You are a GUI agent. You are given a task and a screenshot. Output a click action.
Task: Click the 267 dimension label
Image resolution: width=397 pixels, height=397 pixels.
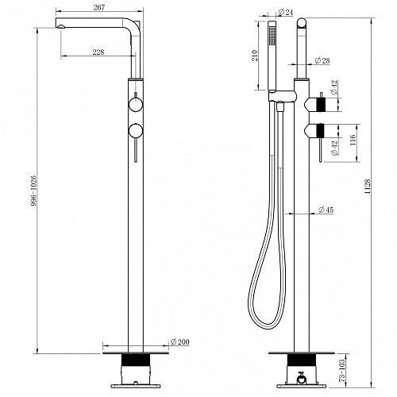99,7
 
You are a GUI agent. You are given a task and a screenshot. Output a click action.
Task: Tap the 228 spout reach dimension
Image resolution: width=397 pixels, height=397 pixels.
98,52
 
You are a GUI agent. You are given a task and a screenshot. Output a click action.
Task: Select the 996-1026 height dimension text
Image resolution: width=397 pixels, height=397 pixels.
33,191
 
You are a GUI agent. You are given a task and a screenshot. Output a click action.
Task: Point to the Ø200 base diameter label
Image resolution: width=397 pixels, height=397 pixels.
180,341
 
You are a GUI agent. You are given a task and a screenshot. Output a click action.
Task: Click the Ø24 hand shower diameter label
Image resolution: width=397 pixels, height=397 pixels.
286,12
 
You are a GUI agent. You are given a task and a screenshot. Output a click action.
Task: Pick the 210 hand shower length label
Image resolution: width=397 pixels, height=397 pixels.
255,56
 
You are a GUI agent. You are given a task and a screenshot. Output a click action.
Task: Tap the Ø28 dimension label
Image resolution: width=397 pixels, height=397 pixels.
322,60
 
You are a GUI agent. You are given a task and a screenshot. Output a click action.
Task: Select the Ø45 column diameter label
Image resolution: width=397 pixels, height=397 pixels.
326,210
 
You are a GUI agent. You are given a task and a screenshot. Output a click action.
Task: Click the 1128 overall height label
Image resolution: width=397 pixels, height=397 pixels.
368,187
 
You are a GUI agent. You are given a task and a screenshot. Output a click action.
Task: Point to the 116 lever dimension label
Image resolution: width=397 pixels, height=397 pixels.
353,141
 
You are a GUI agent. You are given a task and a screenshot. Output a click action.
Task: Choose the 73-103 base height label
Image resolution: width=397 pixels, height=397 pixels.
342,370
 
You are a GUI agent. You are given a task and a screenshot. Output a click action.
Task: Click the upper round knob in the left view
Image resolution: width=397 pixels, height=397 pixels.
136,104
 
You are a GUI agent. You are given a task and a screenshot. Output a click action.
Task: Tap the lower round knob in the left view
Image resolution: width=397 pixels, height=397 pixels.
136,131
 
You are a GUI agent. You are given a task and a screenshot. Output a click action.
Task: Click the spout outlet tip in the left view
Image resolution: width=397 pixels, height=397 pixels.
60,26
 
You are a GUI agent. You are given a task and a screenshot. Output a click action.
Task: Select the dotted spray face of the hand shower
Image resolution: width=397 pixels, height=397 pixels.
271,36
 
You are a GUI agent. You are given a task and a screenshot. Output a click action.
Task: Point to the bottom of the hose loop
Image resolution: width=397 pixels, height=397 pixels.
268,327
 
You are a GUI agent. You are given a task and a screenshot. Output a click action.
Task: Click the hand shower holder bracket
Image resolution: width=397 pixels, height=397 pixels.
282,96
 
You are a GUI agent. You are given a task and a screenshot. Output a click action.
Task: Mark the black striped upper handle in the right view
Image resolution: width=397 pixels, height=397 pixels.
321,104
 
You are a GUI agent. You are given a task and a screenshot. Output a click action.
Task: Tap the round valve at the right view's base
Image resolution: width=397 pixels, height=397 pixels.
301,380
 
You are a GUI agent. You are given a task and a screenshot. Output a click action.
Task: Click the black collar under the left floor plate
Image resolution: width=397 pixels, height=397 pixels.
136,360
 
